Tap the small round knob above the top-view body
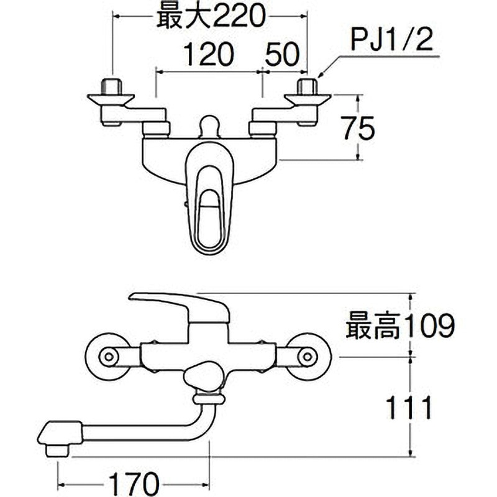click(x=208, y=126)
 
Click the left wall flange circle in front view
click(x=108, y=357)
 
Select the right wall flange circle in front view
click(x=307, y=357)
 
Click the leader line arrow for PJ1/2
click(x=319, y=76)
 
